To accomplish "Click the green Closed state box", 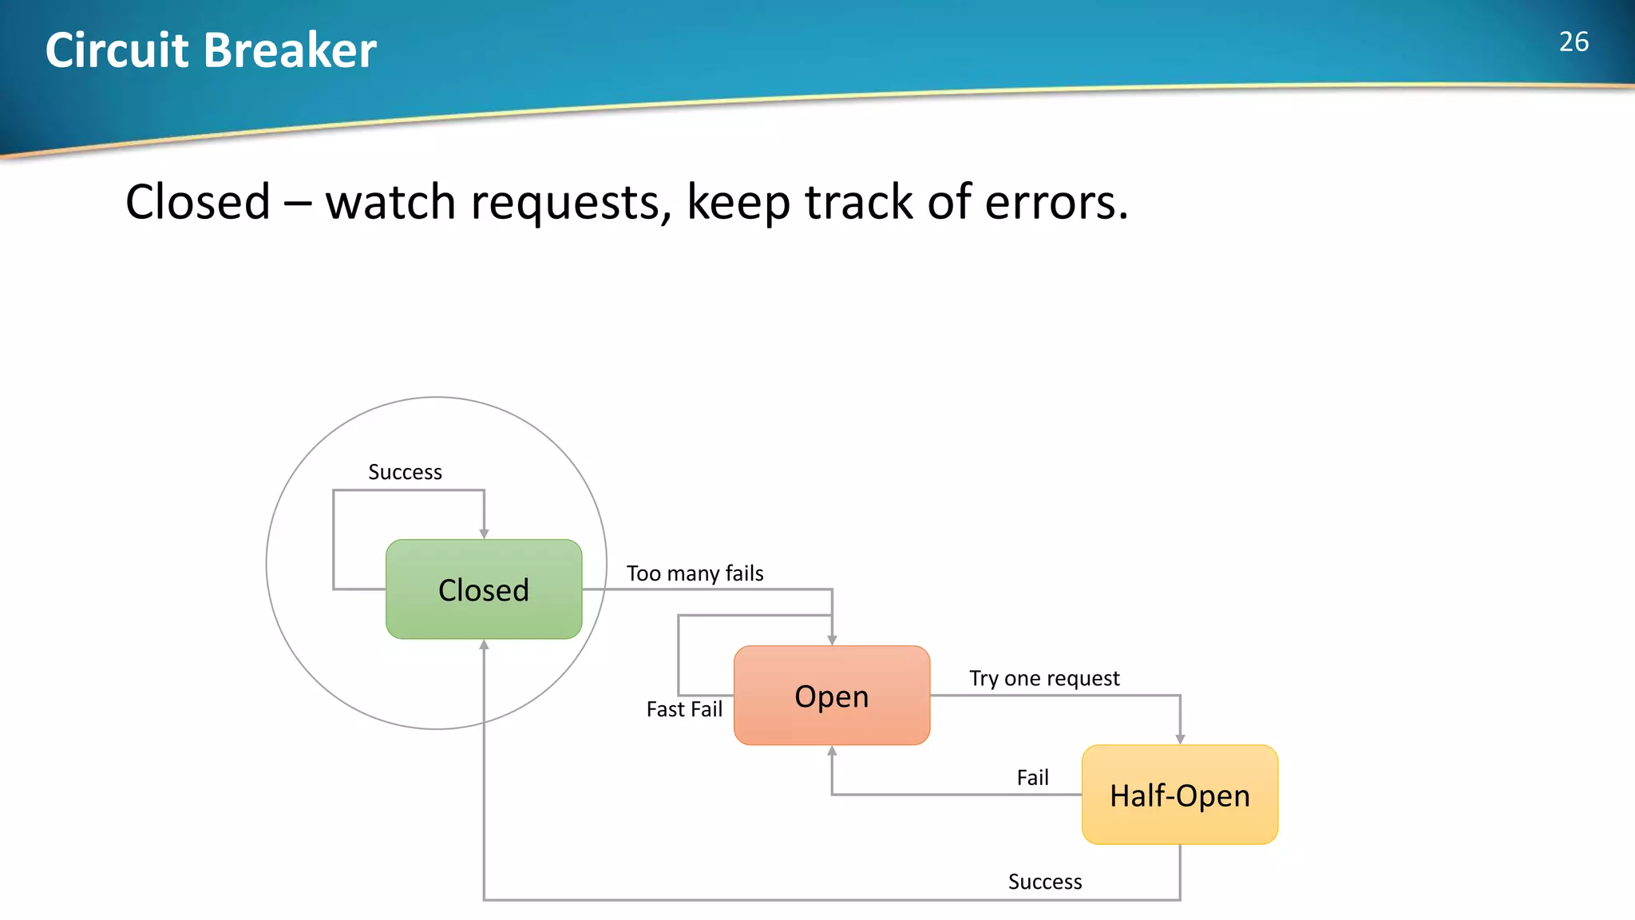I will pos(484,589).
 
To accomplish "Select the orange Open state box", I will pos(831,696).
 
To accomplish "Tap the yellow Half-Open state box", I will pos(1179,795).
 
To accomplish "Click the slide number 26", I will pos(1574,42).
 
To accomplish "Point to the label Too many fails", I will pos(695,573).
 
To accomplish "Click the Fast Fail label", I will pos(684,709).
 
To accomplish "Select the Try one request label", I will pos(1044,678).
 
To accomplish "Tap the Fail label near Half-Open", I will pos(1032,778).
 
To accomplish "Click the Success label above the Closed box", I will pos(405,472).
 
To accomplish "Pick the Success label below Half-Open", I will pos(1045,882).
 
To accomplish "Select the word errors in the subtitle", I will pos(1055,201).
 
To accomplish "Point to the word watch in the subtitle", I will pos(390,201).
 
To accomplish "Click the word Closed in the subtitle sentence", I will pos(197,201).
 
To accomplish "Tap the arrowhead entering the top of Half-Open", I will pos(1180,740).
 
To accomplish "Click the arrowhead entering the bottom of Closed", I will pos(484,644).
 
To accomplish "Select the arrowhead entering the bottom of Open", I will pos(832,751).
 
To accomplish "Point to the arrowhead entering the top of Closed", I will pos(484,533).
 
